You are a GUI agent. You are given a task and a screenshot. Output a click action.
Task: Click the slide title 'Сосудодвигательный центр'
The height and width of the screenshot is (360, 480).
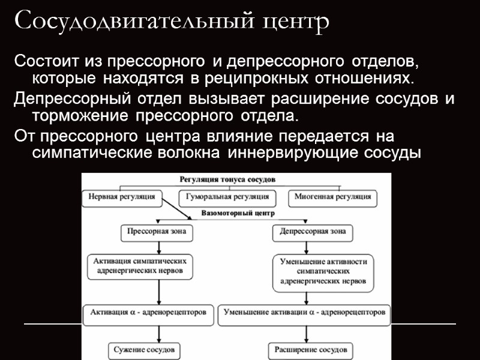172,22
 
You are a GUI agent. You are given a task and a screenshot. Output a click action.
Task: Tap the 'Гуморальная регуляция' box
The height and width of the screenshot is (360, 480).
227,197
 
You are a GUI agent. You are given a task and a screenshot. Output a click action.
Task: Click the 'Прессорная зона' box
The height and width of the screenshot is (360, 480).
158,231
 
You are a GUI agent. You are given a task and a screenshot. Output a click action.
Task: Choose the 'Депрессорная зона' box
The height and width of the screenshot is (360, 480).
313,231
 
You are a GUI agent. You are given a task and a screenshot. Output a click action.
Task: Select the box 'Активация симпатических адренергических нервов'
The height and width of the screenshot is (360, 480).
142,266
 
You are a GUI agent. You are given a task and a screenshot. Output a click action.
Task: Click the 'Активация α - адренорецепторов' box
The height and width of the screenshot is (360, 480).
148,313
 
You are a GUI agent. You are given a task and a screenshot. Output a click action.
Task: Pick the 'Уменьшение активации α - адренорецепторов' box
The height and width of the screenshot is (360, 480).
305,313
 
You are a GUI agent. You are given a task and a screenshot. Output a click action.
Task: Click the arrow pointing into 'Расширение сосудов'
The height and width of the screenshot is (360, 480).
311,333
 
